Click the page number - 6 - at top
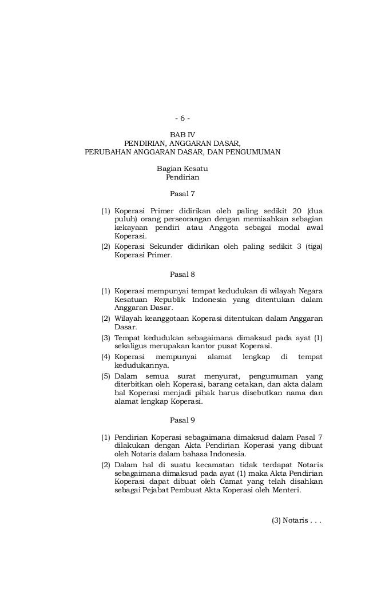182,118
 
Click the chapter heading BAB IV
182,134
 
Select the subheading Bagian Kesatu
182,169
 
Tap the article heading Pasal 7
182,194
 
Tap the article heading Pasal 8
182,274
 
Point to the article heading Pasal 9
182,420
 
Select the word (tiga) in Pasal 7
312,246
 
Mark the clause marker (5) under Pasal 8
106,376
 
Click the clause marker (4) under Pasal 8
106,356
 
